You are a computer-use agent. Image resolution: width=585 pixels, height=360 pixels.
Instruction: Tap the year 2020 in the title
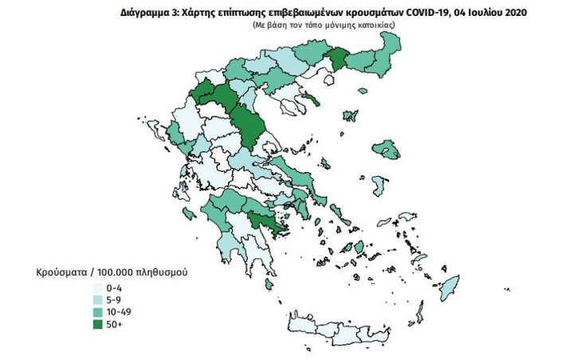tap(510, 14)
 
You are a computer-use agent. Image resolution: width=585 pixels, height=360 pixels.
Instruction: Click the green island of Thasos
tap(313, 100)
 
